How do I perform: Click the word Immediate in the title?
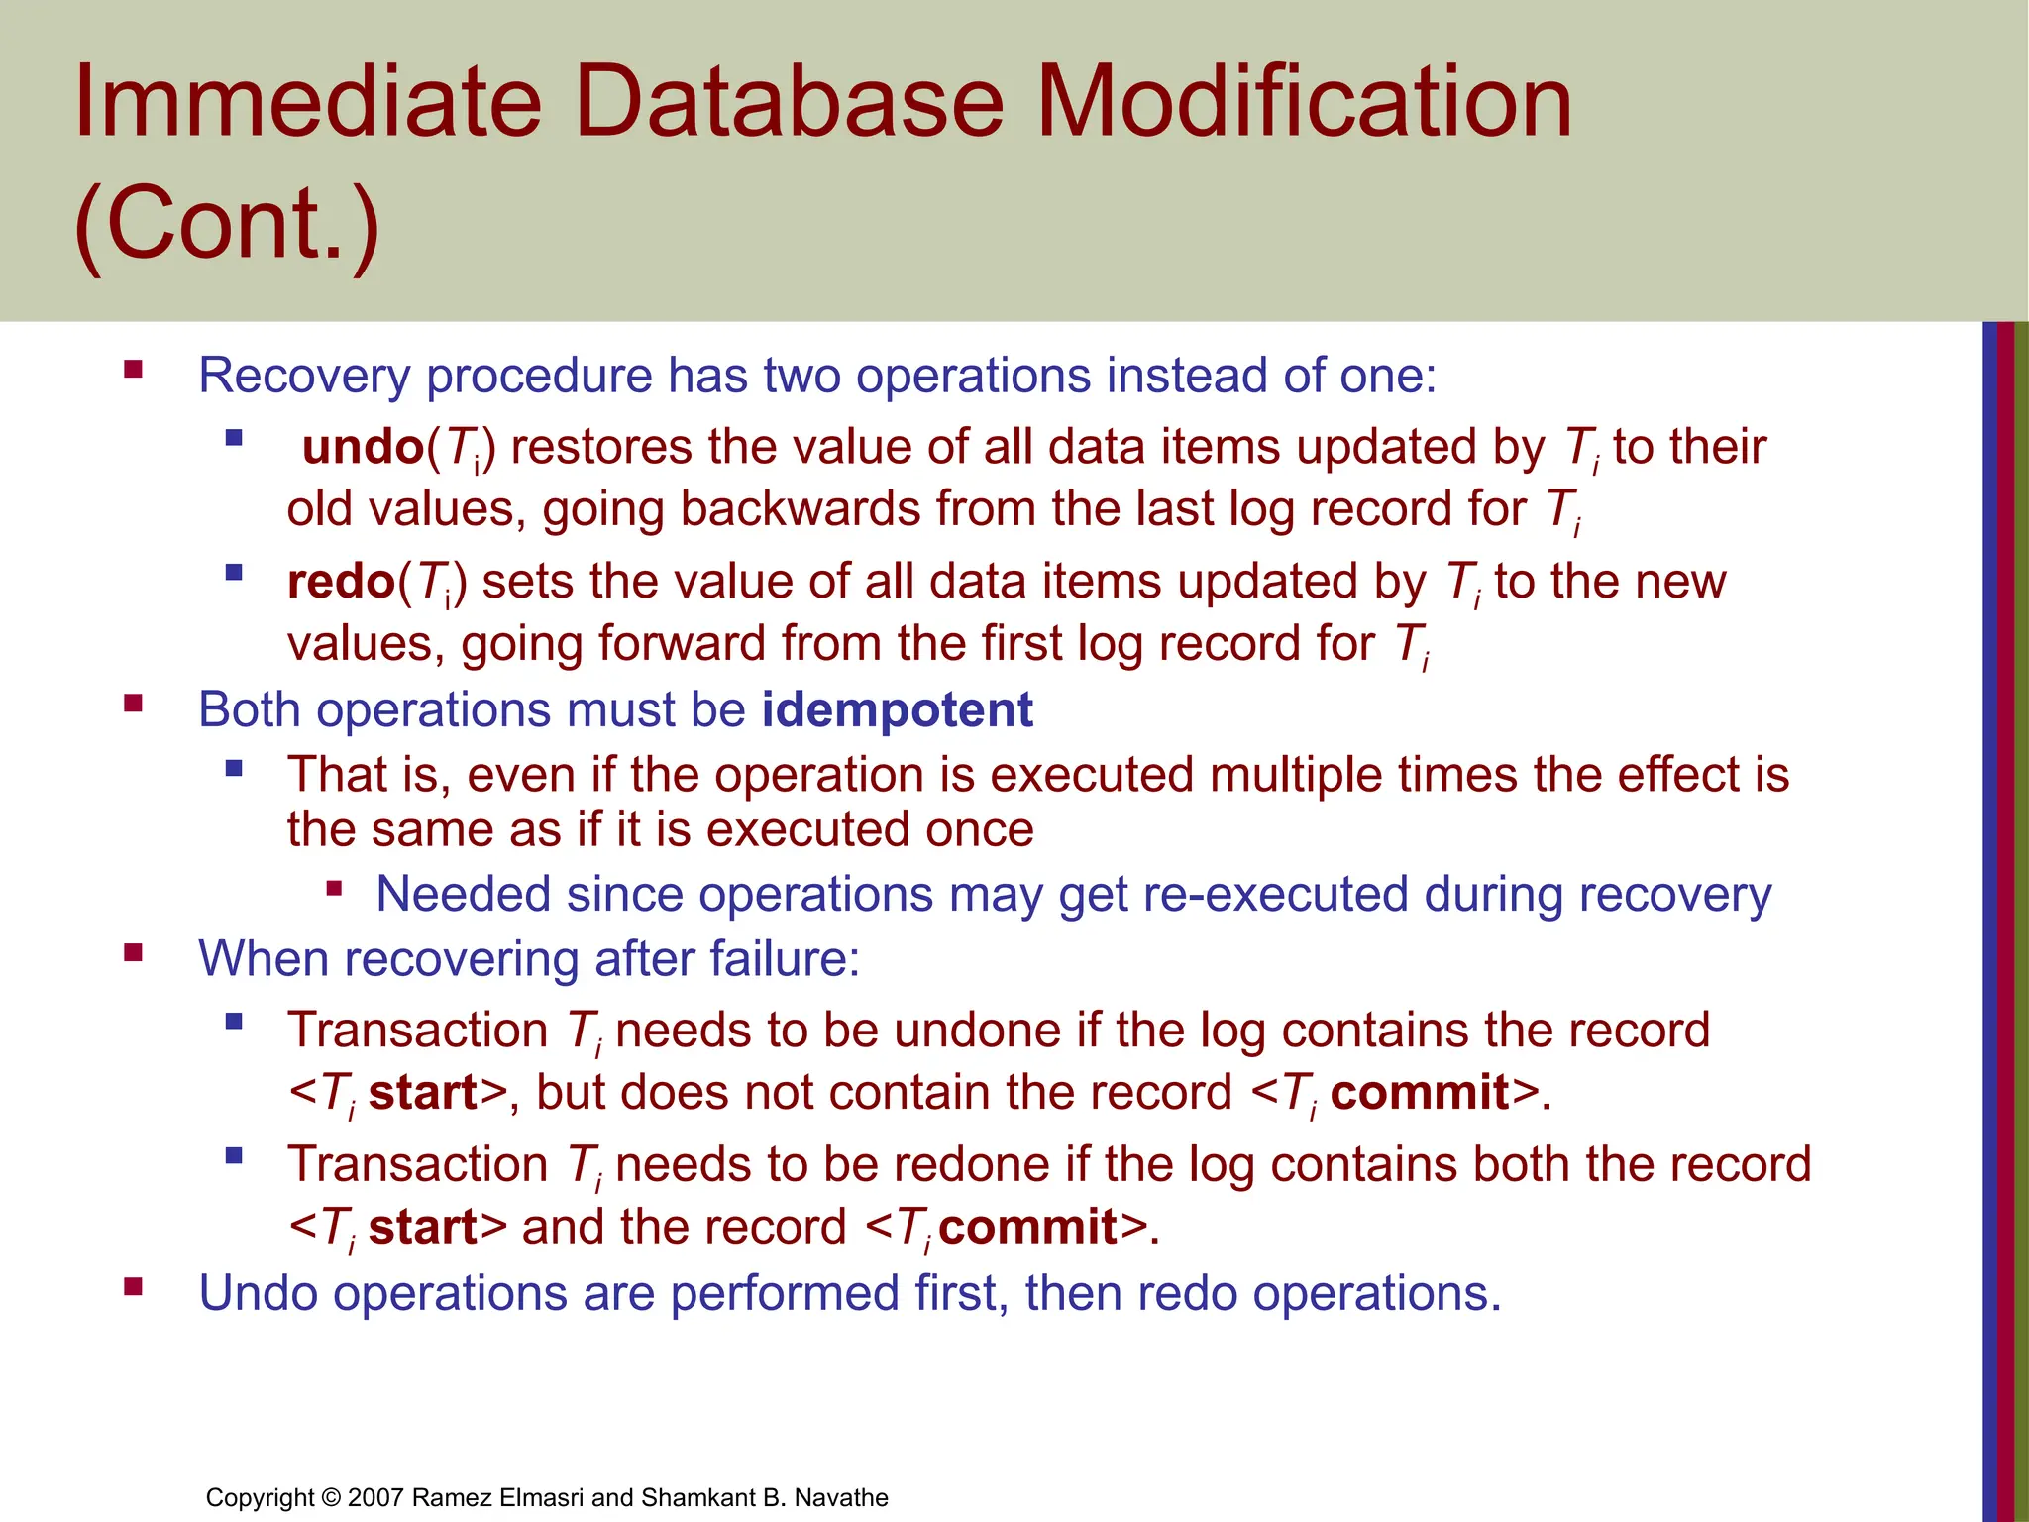coord(307,101)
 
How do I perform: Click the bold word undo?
coord(363,447)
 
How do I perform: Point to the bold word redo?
coord(341,582)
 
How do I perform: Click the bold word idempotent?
coord(897,710)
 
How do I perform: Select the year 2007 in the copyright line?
coord(375,1497)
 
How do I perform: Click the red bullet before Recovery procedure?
coord(133,371)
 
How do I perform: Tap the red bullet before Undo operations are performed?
coord(133,1287)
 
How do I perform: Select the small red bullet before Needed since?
coord(334,889)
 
